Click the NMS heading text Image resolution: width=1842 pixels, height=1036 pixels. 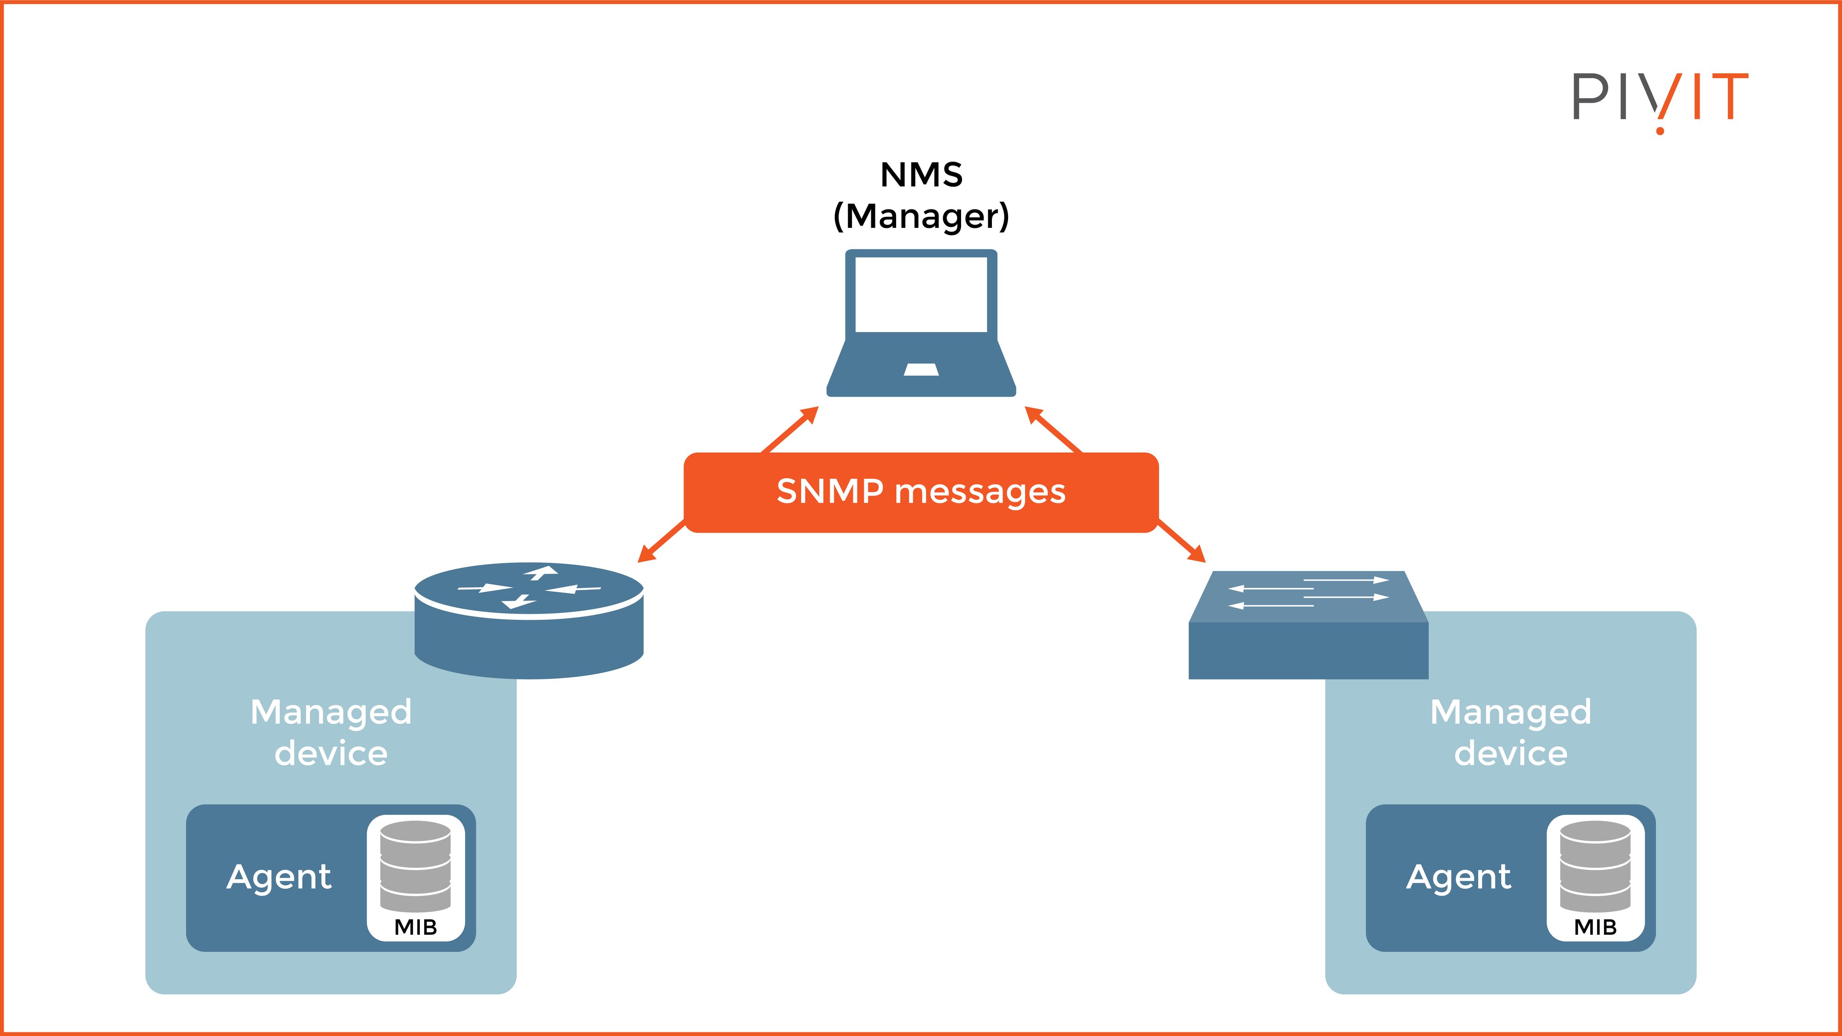(921, 175)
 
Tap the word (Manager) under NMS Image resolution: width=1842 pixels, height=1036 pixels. (921, 216)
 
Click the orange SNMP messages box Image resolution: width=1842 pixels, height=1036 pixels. (921, 492)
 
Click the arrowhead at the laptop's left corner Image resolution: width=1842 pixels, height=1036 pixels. (810, 414)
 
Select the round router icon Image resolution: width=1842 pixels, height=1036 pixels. (529, 621)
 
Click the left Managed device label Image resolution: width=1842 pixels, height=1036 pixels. (331, 732)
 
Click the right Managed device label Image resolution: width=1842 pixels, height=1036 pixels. (1510, 732)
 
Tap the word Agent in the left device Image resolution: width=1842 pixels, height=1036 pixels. (279, 877)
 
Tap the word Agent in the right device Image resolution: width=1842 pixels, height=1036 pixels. (1459, 877)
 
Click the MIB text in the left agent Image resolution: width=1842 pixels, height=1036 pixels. (415, 927)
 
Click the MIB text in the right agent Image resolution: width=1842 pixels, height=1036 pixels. (1595, 927)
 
